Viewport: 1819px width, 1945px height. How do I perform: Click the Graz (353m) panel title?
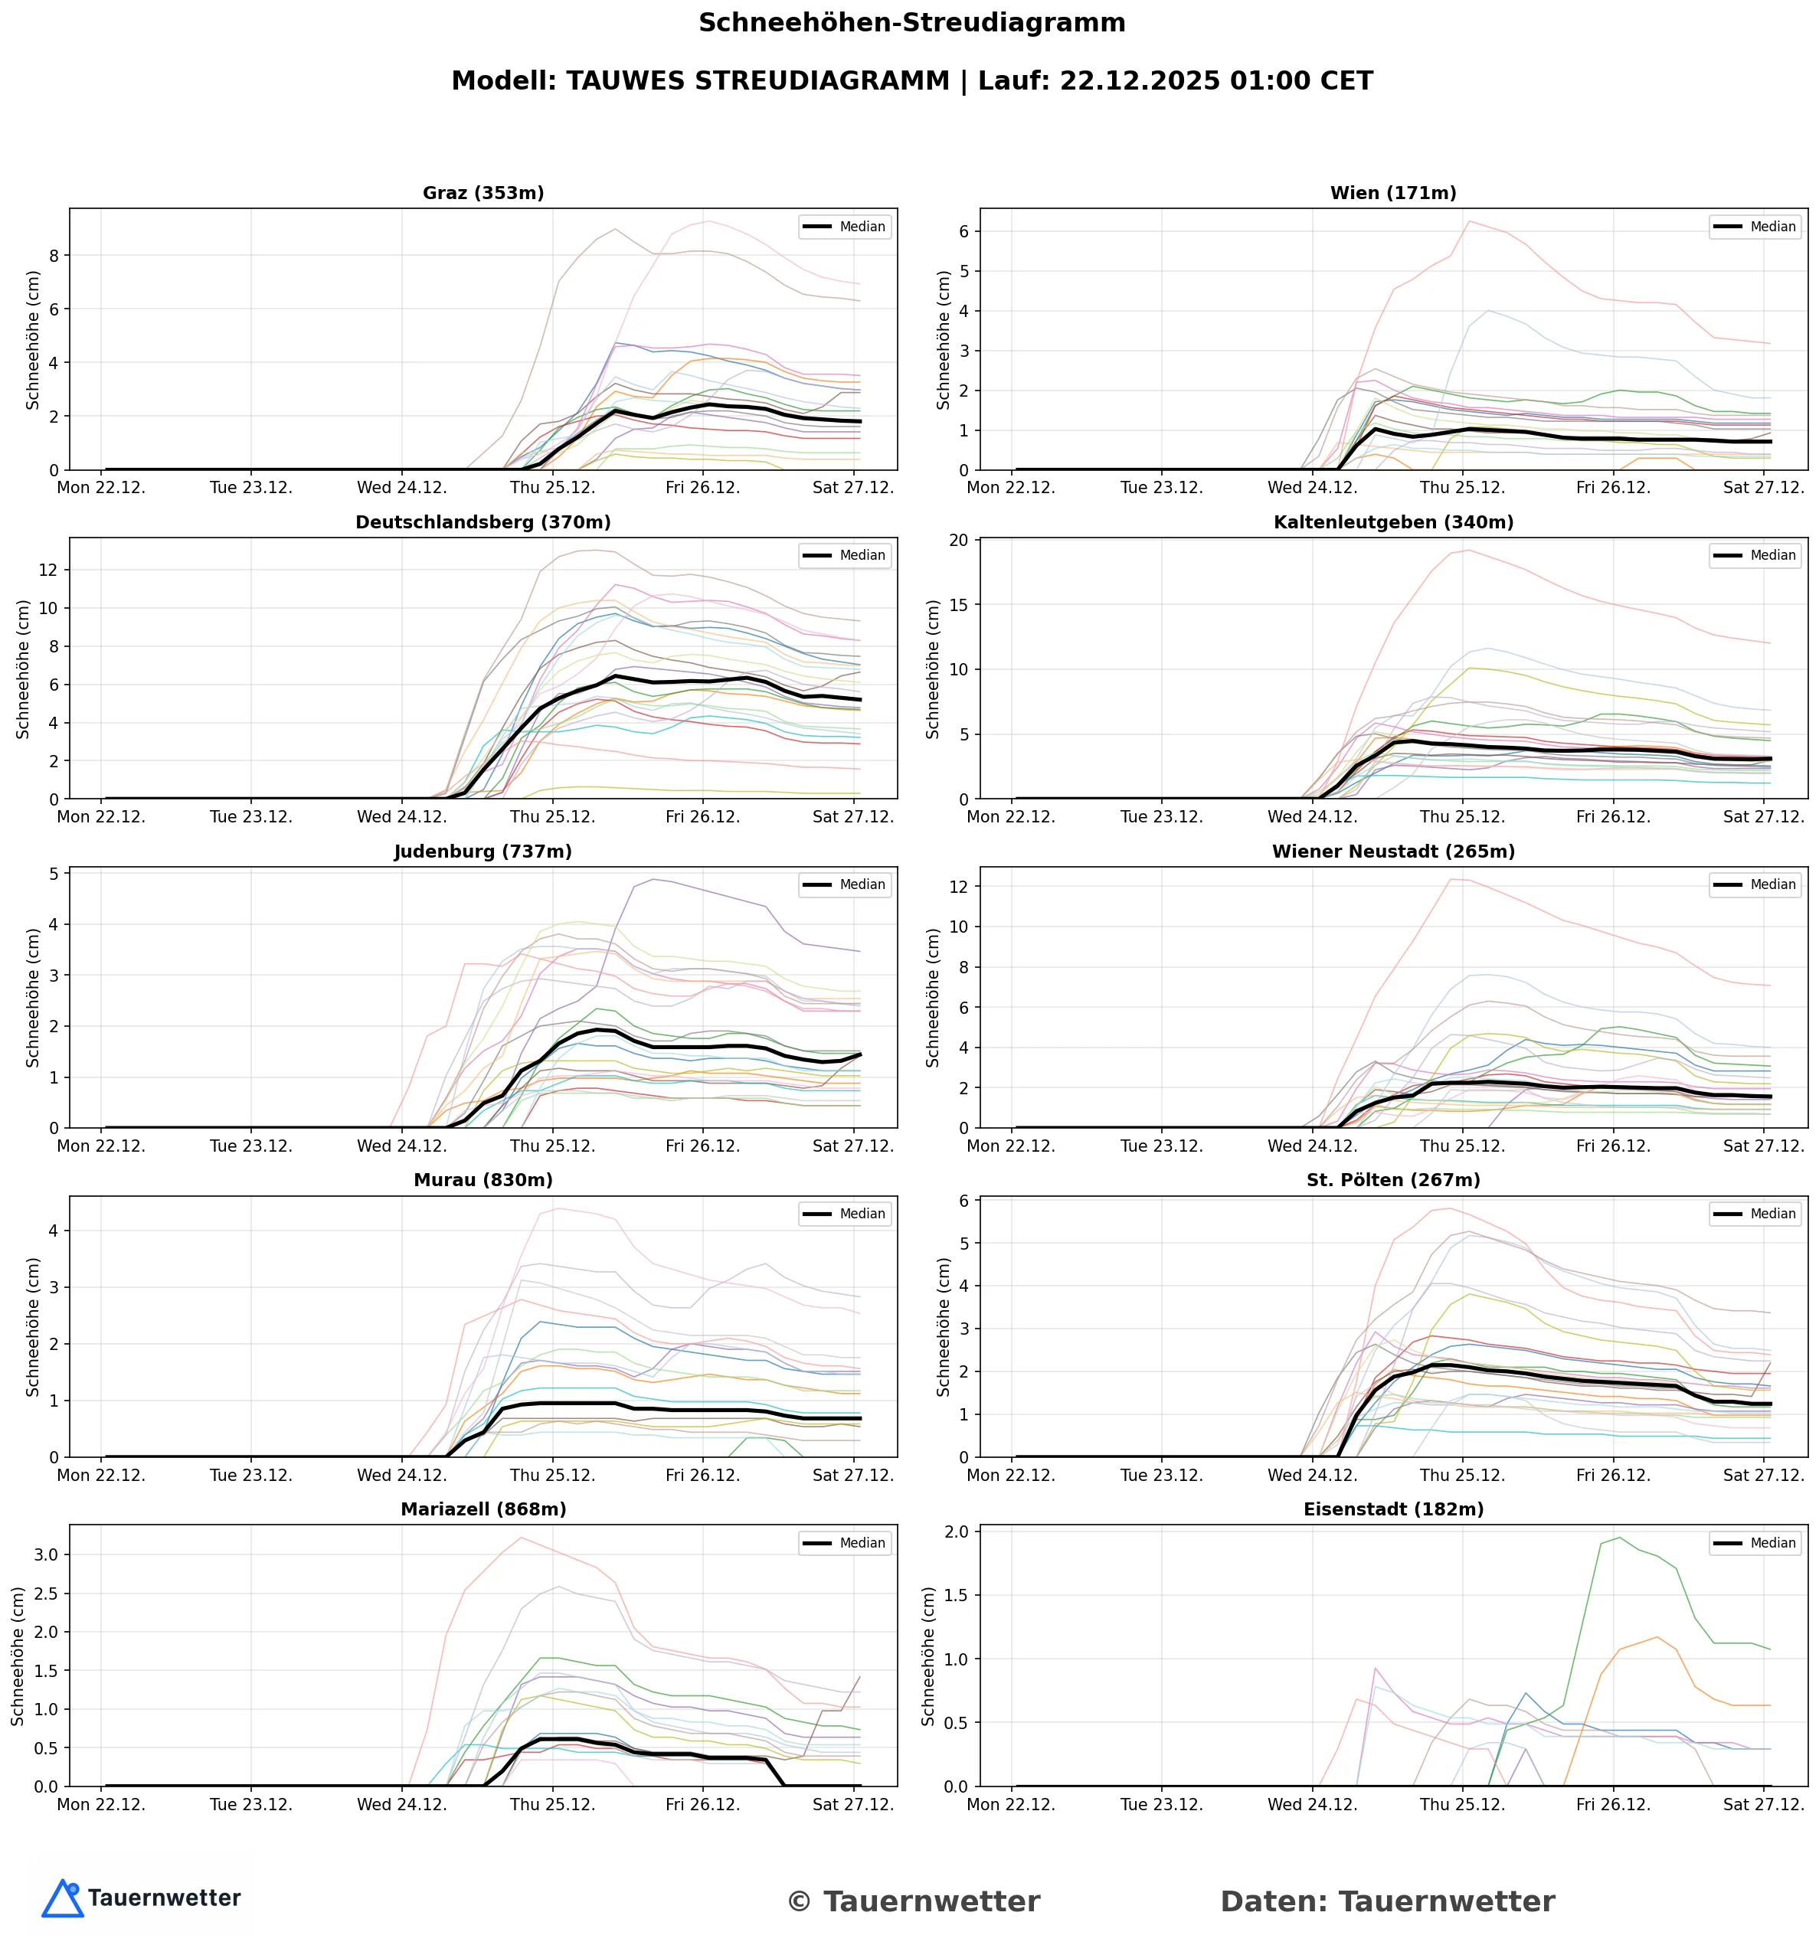pos(483,193)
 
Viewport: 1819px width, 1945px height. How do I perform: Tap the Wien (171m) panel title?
pos(1392,193)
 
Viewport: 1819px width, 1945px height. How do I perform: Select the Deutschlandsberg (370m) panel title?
pos(483,522)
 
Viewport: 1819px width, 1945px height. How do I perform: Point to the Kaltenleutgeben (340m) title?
pos(1392,522)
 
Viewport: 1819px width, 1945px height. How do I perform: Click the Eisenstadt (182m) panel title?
pos(1392,1509)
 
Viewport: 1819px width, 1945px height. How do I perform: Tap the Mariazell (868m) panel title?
pos(483,1509)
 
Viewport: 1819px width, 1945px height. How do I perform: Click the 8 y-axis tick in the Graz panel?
pos(53,255)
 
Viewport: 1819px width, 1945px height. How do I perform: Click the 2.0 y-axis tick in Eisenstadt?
pos(954,1531)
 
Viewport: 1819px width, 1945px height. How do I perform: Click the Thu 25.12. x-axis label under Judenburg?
pos(552,1146)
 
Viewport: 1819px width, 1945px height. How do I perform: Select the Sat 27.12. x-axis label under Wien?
pos(1763,487)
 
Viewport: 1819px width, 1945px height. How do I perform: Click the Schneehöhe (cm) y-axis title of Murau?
pos(33,1327)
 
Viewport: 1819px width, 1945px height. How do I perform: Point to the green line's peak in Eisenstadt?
pos(1618,1537)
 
